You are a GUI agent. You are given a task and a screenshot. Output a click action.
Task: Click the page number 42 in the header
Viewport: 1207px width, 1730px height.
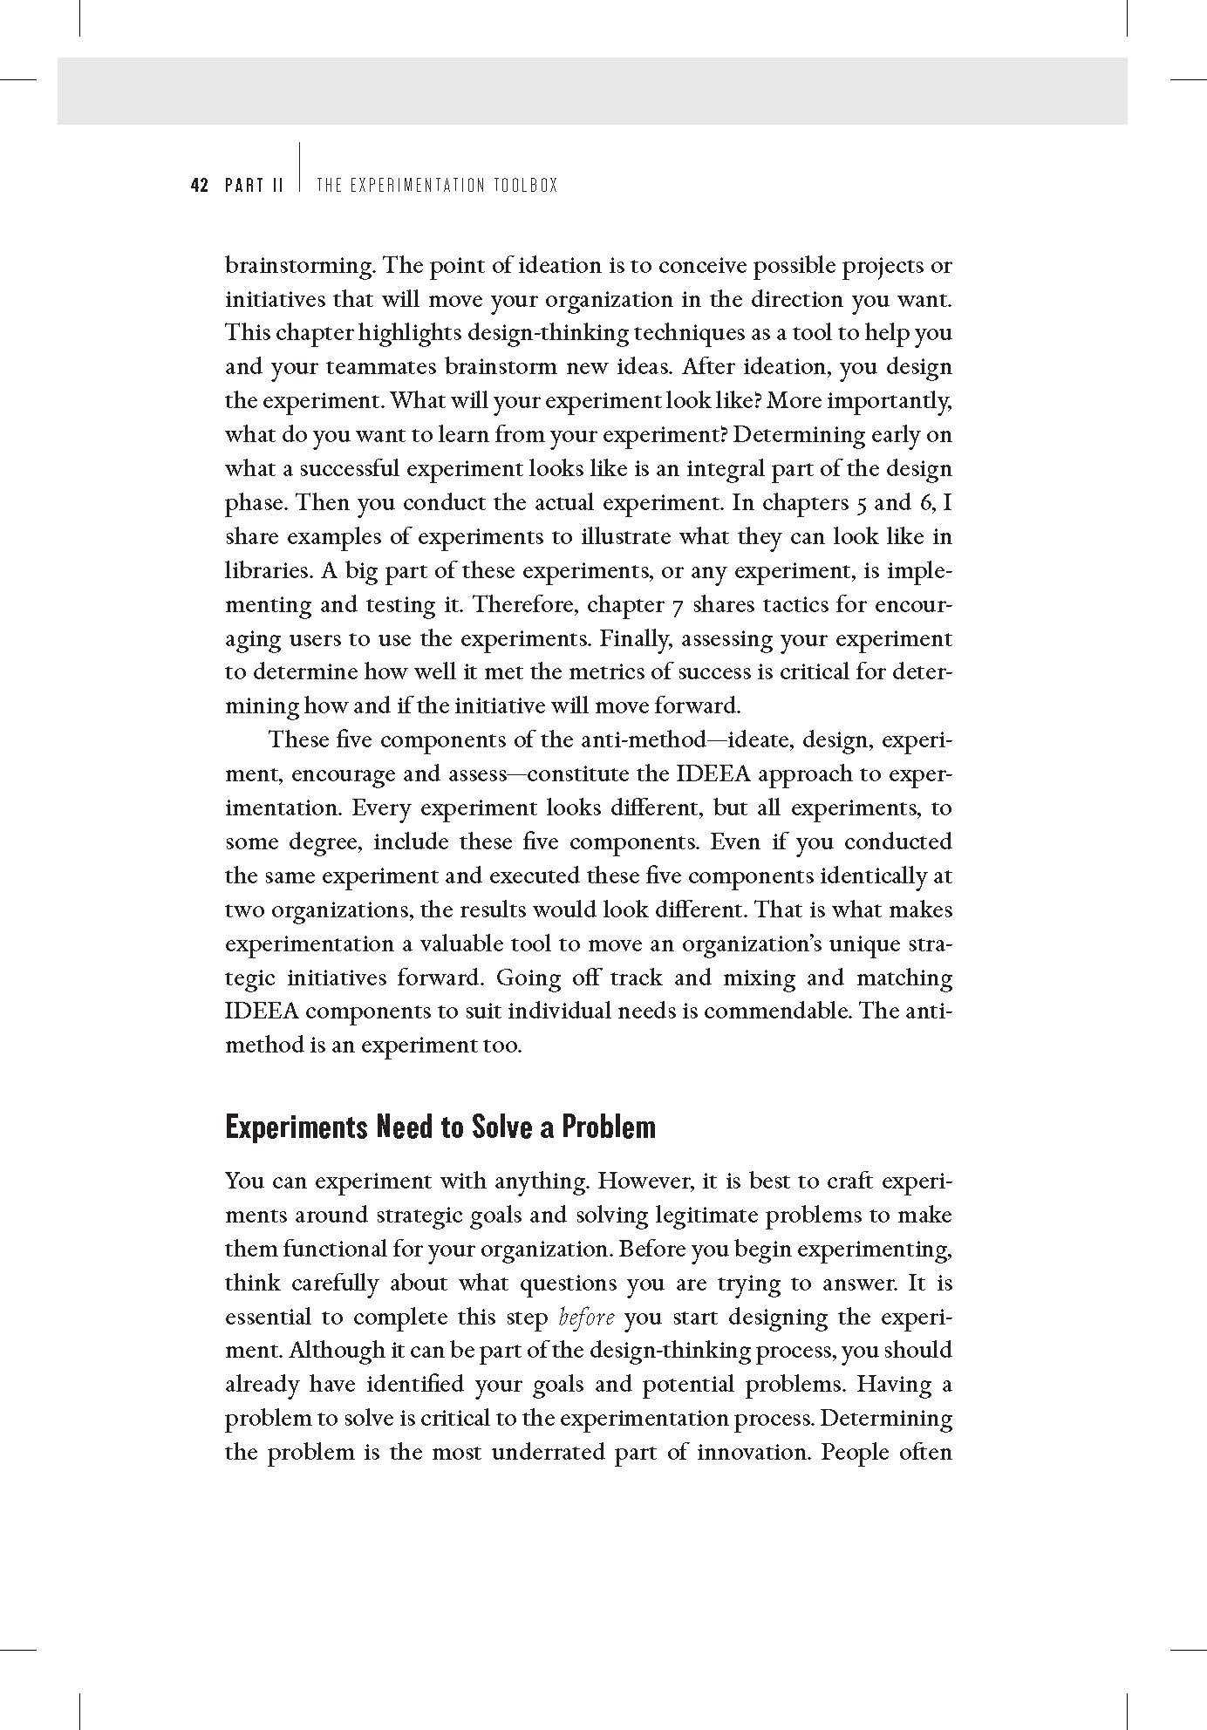click(200, 185)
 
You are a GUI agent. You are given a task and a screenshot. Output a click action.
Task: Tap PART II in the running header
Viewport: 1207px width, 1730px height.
click(254, 185)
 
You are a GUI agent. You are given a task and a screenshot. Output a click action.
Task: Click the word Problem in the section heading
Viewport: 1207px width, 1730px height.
click(608, 1127)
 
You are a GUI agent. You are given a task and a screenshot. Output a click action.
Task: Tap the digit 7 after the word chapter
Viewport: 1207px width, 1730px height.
click(680, 604)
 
